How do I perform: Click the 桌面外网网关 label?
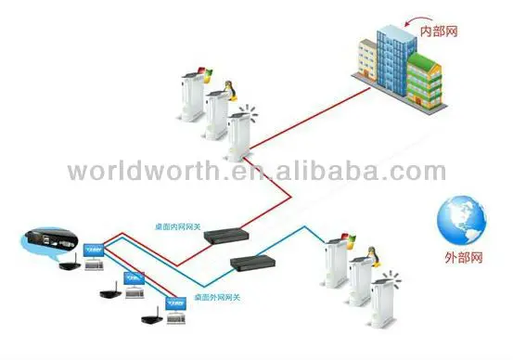[216, 297]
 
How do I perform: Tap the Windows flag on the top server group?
[198, 71]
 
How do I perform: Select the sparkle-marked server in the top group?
[241, 135]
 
